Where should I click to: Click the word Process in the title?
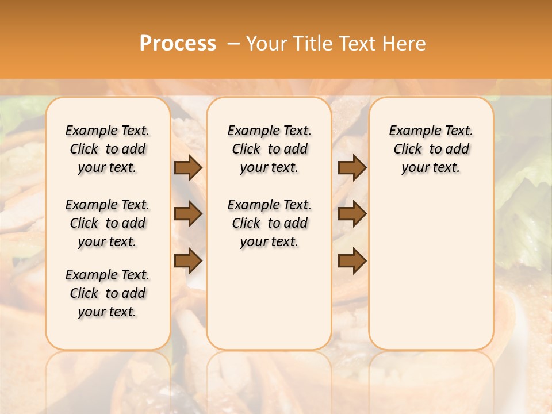click(178, 44)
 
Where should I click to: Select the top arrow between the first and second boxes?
click(188, 167)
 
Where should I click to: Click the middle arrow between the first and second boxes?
click(188, 214)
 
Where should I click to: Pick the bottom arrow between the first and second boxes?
click(188, 261)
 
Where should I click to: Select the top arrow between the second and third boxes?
click(352, 167)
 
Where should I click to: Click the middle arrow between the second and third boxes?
click(352, 214)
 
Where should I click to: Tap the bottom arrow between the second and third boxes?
click(352, 261)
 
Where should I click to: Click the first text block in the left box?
click(108, 149)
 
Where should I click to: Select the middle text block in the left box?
click(108, 223)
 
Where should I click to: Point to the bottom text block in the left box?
click(108, 293)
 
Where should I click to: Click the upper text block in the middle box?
click(269, 149)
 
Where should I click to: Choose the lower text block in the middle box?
click(269, 223)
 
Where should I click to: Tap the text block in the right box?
click(431, 149)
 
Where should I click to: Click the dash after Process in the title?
click(233, 44)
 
